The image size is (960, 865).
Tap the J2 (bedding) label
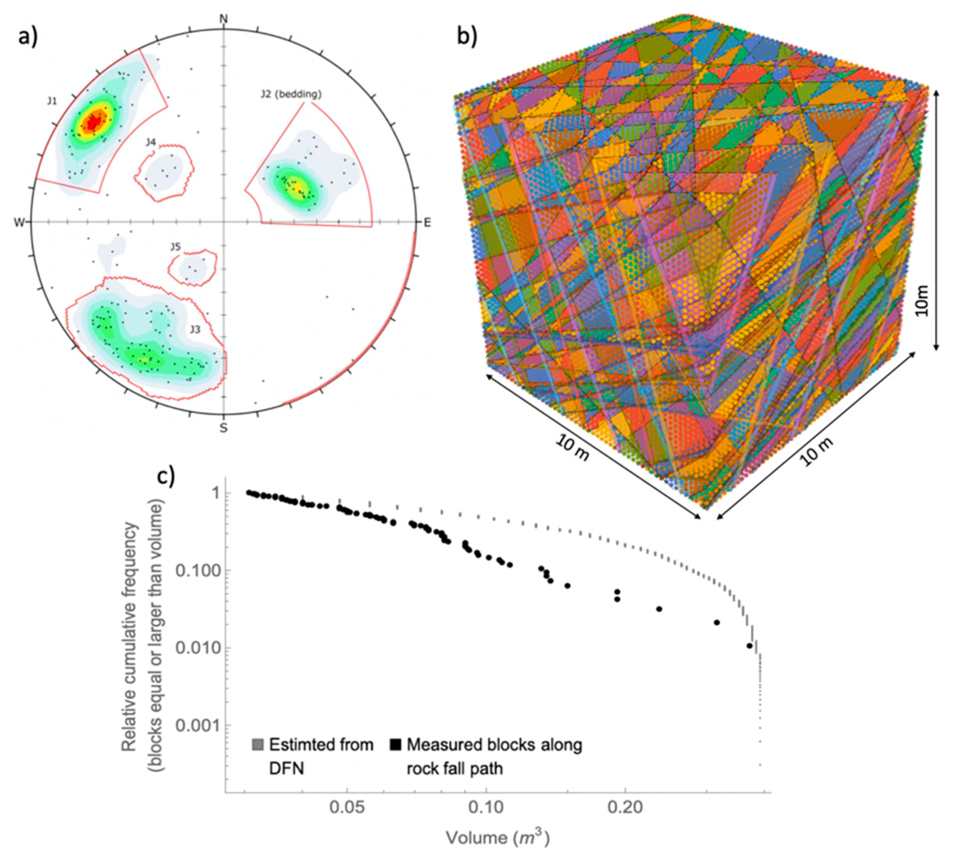(x=291, y=94)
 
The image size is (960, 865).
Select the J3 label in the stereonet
(x=195, y=329)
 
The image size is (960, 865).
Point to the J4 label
(x=151, y=142)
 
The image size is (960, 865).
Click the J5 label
(x=175, y=247)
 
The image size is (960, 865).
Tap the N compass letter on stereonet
(x=223, y=19)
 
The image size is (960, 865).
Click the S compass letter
(x=223, y=428)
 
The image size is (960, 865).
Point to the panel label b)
(x=466, y=36)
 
